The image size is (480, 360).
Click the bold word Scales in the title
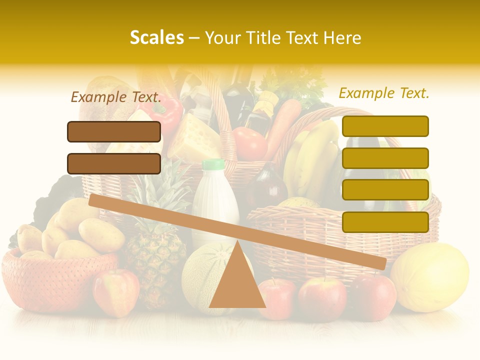pos(156,38)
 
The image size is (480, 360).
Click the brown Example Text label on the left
pos(115,97)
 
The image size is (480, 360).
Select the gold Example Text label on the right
pos(384,93)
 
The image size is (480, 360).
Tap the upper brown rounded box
pos(114,131)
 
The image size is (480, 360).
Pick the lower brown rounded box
pos(114,163)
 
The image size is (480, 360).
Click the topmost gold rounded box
pos(385,126)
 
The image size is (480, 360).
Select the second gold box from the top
pos(385,158)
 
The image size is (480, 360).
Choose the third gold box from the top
pos(385,190)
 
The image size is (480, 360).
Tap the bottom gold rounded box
pos(385,222)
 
